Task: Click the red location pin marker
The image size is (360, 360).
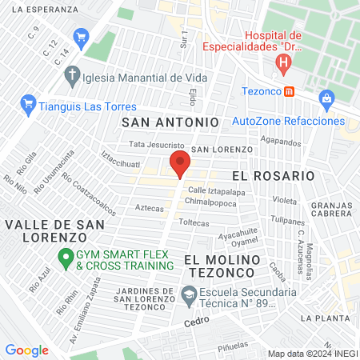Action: click(180, 166)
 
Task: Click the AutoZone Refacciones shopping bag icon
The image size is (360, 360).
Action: click(326, 100)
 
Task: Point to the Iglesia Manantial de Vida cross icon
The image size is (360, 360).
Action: click(73, 78)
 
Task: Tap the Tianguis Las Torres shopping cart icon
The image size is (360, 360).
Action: click(28, 105)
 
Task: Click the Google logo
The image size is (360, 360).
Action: click(26, 350)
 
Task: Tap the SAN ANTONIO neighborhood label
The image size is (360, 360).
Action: click(170, 122)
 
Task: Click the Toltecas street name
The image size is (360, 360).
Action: click(194, 222)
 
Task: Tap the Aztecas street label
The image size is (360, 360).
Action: click(149, 208)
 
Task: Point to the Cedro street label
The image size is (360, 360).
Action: click(195, 321)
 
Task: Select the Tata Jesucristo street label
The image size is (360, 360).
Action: click(158, 145)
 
